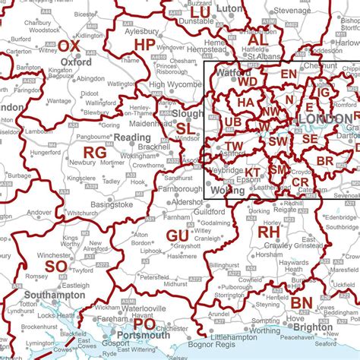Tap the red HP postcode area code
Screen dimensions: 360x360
pos(144,45)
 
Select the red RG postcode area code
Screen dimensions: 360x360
pos(95,153)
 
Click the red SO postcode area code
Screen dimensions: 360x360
pos(55,267)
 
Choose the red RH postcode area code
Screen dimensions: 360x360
pos(269,231)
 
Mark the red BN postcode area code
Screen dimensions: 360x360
pos(301,302)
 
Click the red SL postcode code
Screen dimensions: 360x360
pos(185,129)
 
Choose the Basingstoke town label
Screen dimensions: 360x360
pos(103,206)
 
